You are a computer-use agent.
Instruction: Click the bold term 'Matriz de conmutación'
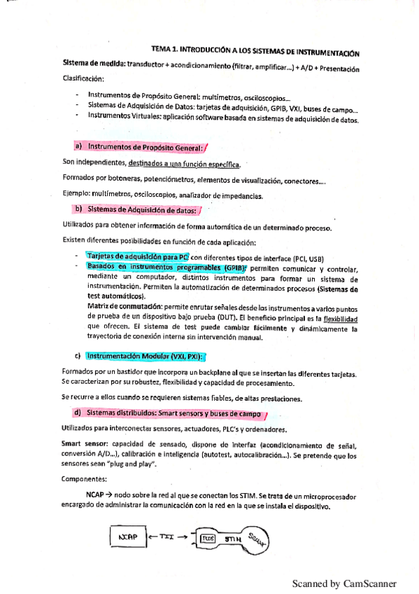coord(122,307)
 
